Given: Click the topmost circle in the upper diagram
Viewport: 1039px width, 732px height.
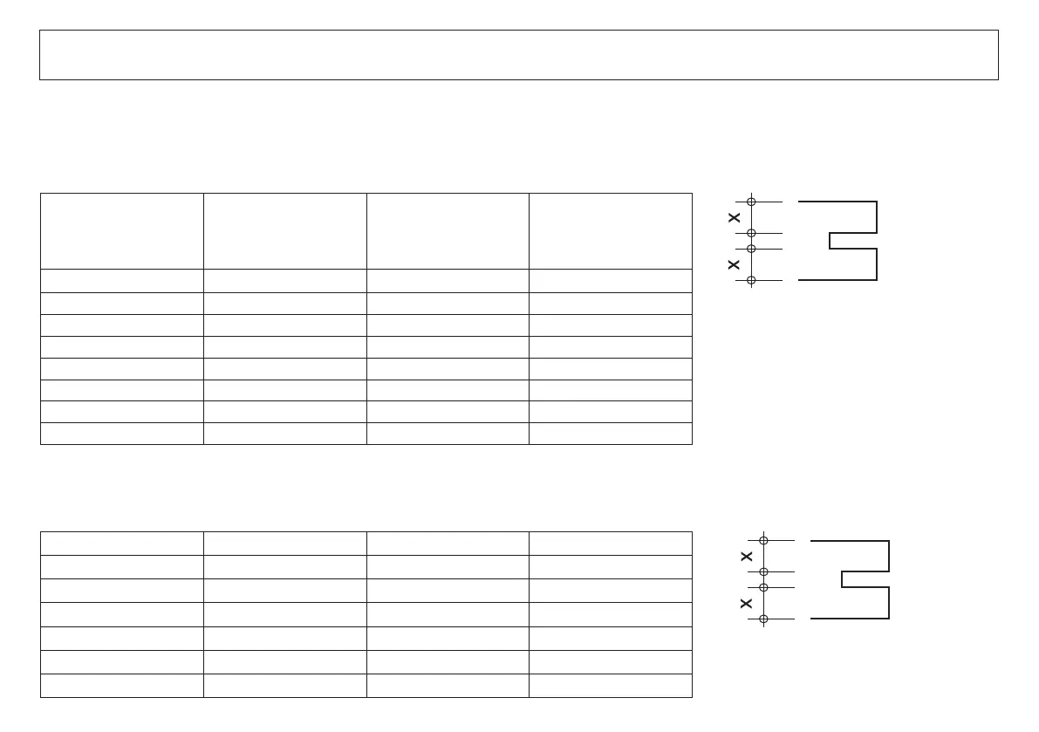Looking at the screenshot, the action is point(751,202).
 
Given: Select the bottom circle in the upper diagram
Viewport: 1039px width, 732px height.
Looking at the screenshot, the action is point(751,280).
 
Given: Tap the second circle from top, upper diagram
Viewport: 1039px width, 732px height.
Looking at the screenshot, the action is point(751,233).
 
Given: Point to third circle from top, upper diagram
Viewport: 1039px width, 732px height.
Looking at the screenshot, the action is point(751,249).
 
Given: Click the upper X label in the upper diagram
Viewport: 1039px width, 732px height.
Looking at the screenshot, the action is point(735,217).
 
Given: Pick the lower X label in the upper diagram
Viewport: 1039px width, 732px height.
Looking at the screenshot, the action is point(735,264).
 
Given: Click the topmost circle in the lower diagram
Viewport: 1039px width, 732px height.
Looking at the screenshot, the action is point(763,541).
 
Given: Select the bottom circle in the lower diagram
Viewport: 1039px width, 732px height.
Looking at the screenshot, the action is point(763,619).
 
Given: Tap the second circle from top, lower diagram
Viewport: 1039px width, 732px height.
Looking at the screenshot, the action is point(763,571).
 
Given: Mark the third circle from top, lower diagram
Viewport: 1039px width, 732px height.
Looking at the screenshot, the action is point(763,587).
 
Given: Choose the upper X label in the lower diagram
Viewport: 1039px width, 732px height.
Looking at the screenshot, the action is point(747,556).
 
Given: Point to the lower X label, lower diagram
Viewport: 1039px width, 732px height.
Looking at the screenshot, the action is point(747,603).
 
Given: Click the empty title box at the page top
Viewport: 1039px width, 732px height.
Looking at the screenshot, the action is point(518,55).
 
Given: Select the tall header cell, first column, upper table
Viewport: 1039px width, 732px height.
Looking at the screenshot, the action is point(122,231).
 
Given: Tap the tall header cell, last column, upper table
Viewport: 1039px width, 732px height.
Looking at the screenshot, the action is point(610,231).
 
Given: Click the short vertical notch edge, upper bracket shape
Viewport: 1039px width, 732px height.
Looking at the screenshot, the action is point(830,241).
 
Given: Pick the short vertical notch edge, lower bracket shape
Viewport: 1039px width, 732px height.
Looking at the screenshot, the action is point(842,579).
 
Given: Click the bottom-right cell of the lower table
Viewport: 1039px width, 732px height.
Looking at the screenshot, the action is point(610,686).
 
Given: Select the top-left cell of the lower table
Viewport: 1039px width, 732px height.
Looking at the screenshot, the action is point(122,543).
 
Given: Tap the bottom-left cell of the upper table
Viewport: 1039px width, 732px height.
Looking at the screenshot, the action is point(122,434).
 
